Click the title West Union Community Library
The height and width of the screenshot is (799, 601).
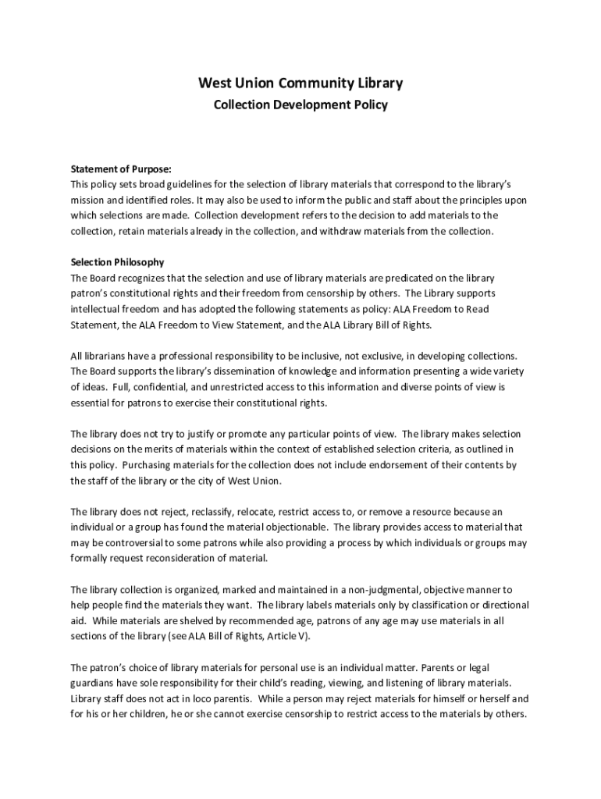point(300,83)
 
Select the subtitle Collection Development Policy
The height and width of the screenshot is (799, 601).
point(300,105)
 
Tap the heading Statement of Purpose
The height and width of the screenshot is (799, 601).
point(121,169)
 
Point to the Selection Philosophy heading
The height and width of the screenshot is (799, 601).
point(117,262)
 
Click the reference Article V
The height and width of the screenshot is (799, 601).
point(290,637)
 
